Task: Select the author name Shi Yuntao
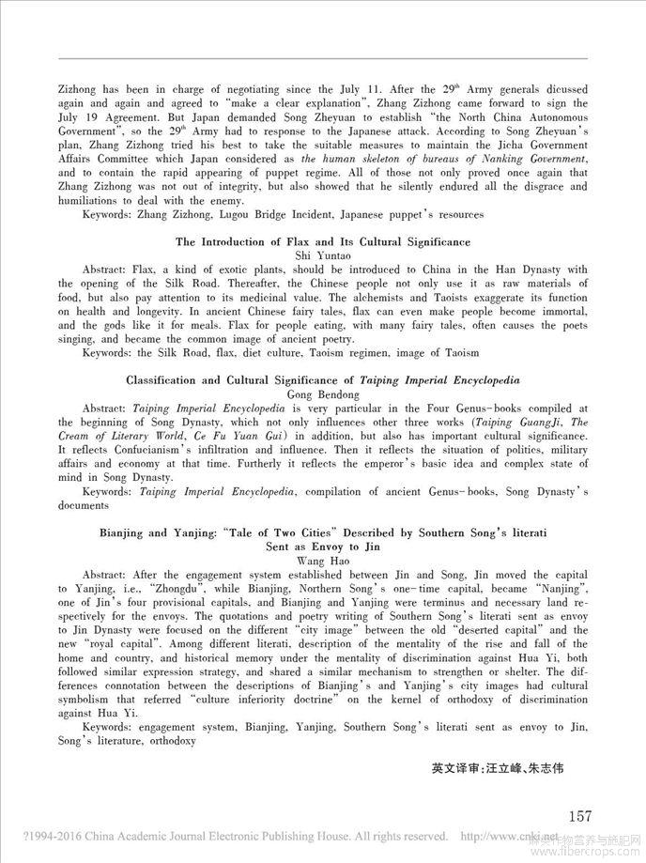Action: click(x=323, y=255)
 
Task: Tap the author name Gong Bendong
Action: click(x=323, y=395)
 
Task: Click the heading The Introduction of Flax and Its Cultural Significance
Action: click(x=323, y=242)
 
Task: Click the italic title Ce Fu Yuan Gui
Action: click(x=238, y=438)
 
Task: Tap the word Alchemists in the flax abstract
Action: click(x=391, y=297)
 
